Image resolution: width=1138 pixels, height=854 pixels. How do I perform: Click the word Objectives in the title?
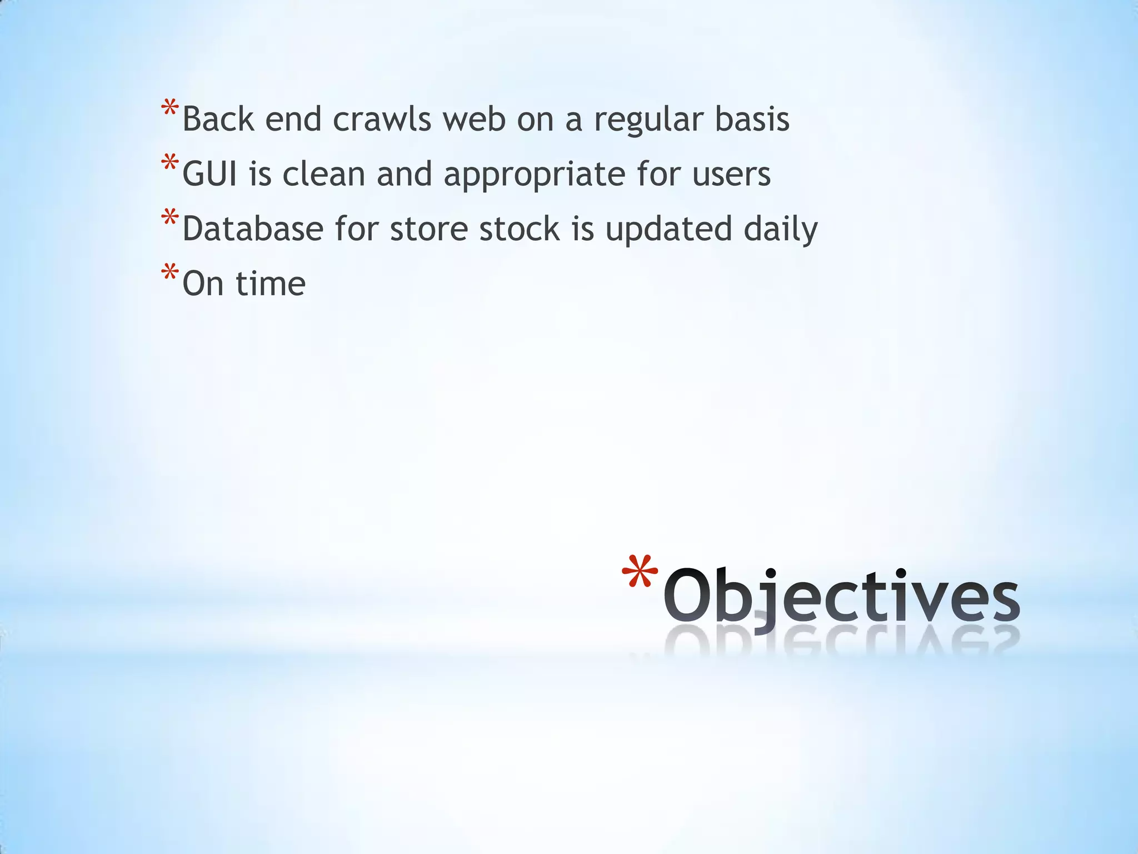click(840, 596)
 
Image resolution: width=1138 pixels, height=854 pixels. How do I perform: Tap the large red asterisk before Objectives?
click(640, 572)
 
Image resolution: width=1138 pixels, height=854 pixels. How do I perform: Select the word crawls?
click(382, 120)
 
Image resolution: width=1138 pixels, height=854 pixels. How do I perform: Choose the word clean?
click(323, 174)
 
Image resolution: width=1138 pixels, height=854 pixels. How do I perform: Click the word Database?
click(253, 229)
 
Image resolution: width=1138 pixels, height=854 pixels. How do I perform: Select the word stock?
click(519, 229)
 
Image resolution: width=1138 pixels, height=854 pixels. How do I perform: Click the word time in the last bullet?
click(270, 284)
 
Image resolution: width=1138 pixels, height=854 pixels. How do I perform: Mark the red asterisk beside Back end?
click(169, 107)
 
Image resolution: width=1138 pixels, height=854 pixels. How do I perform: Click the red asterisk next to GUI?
click(169, 162)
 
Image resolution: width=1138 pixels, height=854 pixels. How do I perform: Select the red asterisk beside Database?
click(169, 217)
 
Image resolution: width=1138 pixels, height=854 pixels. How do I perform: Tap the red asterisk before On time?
click(169, 272)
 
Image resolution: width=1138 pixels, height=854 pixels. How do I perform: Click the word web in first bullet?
click(474, 120)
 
